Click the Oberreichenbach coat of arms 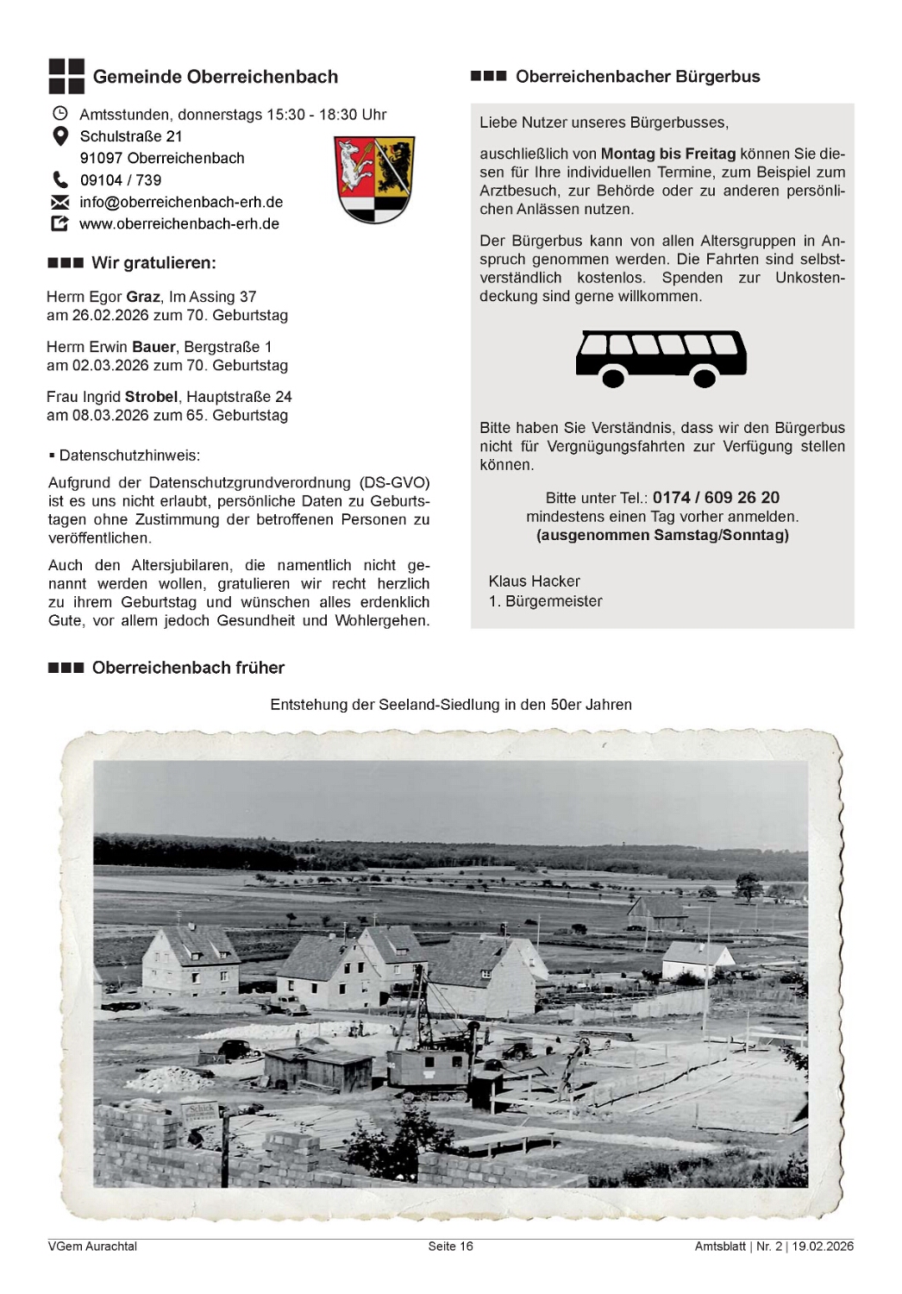[x=374, y=179]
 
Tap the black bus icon [x=661, y=358]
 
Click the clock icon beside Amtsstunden [x=60, y=114]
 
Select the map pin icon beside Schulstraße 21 [x=60, y=136]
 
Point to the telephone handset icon [x=60, y=180]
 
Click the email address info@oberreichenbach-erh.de [x=181, y=202]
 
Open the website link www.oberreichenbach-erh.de [x=179, y=224]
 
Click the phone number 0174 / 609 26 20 [x=716, y=498]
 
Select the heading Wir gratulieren [x=153, y=263]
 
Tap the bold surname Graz [x=143, y=297]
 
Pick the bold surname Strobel [x=151, y=397]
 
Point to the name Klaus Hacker [x=534, y=581]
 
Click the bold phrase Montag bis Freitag [x=668, y=154]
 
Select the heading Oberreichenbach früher [x=188, y=668]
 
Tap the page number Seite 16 [x=450, y=1246]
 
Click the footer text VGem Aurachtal [x=92, y=1246]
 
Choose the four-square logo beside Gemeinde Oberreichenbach [x=66, y=76]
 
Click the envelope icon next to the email [x=60, y=203]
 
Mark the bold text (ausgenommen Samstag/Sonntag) [x=662, y=535]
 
